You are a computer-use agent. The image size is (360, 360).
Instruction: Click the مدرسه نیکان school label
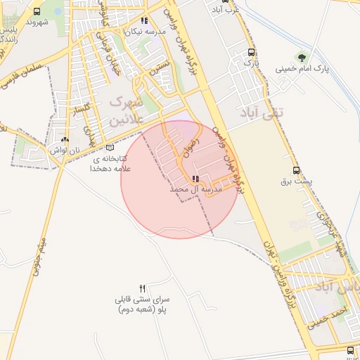click(x=145, y=32)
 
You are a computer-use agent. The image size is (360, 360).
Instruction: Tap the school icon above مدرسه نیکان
click(x=145, y=22)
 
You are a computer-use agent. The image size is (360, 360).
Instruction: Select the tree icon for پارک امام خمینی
click(x=302, y=58)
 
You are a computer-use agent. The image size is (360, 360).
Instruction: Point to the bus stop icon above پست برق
click(x=296, y=170)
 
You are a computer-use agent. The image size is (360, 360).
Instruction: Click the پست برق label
click(x=295, y=181)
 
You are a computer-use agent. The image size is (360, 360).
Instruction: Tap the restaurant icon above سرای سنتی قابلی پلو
click(x=143, y=288)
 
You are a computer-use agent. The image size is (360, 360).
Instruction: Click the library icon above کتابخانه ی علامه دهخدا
click(x=109, y=148)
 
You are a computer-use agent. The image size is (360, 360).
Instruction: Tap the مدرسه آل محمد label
click(x=195, y=190)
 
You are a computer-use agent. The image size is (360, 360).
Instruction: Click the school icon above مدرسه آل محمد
click(x=195, y=179)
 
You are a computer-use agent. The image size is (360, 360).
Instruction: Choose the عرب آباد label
click(x=228, y=10)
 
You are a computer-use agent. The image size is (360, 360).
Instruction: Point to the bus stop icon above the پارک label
click(x=251, y=52)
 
